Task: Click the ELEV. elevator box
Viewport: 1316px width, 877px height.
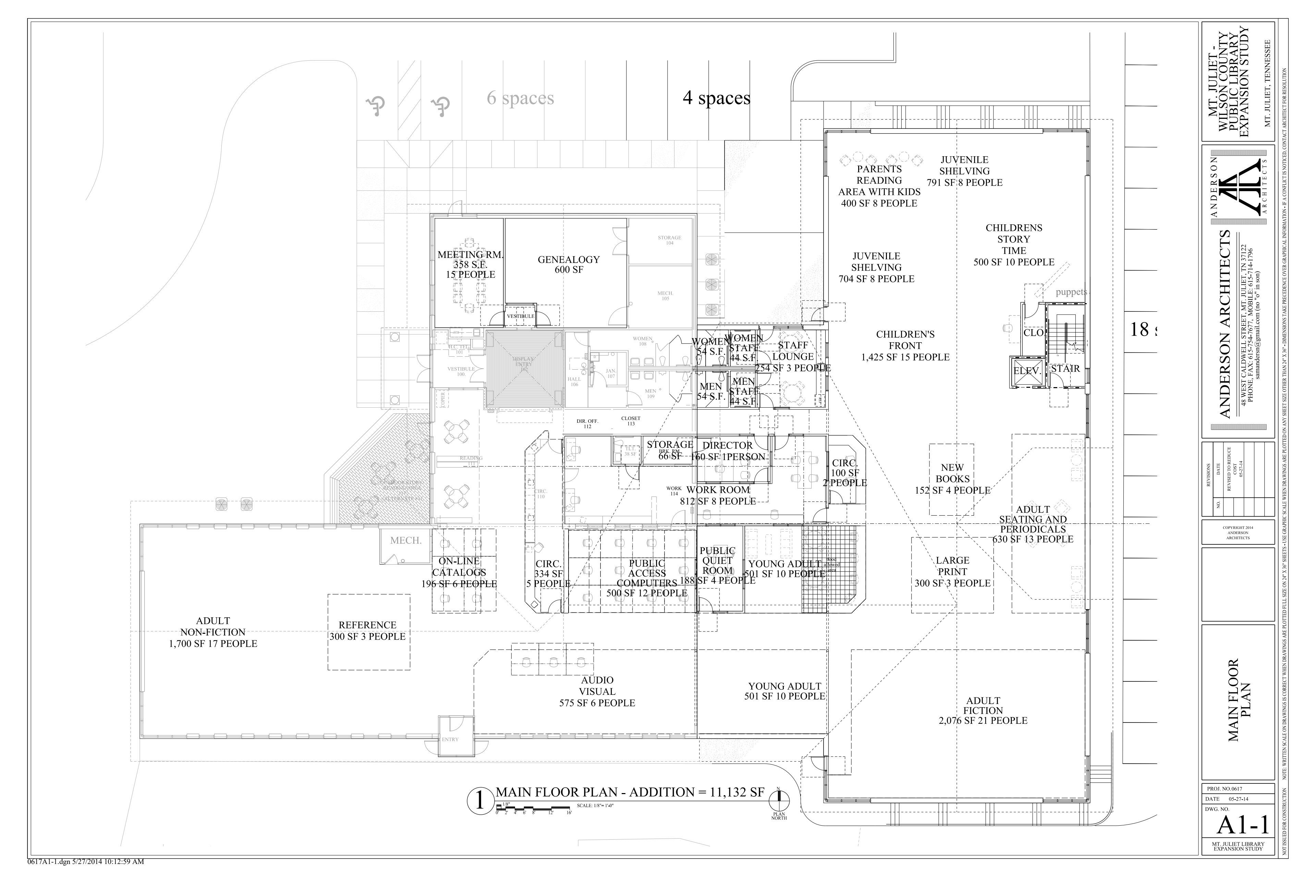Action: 1026,371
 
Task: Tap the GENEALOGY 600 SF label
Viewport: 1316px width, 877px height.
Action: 569,264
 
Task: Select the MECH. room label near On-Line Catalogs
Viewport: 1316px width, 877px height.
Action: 406,540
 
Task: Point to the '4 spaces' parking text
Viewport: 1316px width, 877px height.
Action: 716,98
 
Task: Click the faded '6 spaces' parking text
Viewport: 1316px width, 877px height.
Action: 520,98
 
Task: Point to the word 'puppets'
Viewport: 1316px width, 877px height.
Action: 1071,292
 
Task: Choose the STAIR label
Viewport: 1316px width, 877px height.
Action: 1065,369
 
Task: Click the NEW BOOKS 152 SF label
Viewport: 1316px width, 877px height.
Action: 952,479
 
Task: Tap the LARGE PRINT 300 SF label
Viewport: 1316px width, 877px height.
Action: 952,572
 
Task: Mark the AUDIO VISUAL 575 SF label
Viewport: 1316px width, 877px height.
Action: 597,692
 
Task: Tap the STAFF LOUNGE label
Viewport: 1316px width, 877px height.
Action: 793,351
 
